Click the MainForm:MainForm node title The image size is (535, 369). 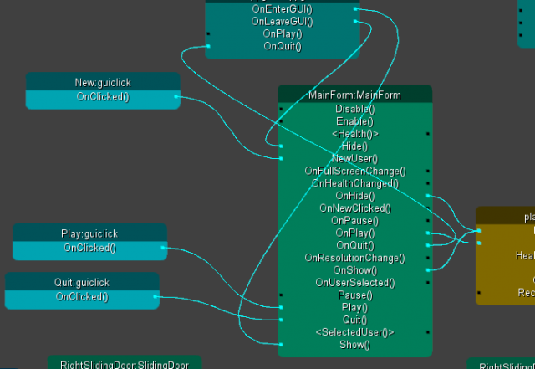(x=354, y=95)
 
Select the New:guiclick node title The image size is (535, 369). (x=103, y=83)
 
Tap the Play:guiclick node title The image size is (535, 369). (x=90, y=234)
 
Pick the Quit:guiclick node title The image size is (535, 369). (x=82, y=283)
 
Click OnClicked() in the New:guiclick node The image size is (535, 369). (x=103, y=96)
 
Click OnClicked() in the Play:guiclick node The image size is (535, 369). (x=89, y=248)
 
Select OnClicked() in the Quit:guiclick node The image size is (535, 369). (x=82, y=296)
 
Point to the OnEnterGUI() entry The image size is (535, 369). (x=282, y=8)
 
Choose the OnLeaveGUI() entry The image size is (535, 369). (x=282, y=21)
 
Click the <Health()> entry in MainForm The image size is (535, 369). (x=354, y=133)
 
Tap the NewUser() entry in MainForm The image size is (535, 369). (x=354, y=158)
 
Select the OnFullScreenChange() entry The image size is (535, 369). (x=354, y=171)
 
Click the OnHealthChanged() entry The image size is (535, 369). (x=354, y=183)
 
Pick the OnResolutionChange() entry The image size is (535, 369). (x=354, y=258)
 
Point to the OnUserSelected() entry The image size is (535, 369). (x=354, y=283)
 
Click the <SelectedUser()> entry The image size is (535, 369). (x=354, y=332)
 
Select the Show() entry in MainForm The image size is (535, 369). (x=354, y=345)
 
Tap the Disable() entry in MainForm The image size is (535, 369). (x=354, y=109)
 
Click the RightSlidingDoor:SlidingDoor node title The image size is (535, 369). (x=125, y=364)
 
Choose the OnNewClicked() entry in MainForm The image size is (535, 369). (x=354, y=208)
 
